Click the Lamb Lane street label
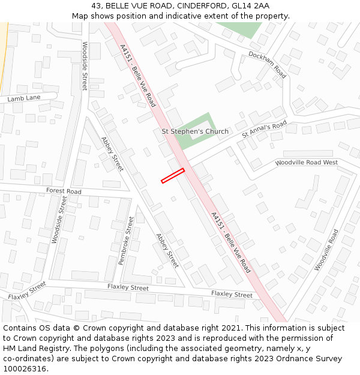tap(24, 98)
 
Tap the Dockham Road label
tap(268, 65)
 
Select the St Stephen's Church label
tap(195, 131)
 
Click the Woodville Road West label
tap(306, 163)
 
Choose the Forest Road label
tap(64, 191)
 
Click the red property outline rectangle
tap(173, 175)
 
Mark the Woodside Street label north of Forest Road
tap(85, 66)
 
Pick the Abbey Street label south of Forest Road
tap(167, 250)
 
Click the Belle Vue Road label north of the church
tap(137, 75)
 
